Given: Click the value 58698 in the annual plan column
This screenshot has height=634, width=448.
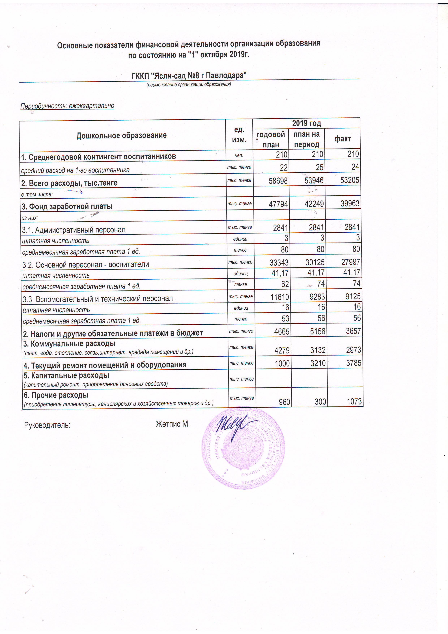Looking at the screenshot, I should tap(278, 181).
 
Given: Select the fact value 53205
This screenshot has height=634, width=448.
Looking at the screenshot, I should tap(349, 180).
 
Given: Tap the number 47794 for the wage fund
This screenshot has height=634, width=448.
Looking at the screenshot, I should tap(278, 204).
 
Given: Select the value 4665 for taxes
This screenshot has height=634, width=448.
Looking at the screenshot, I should tap(282, 332).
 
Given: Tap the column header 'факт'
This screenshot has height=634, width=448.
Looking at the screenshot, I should tap(343, 139).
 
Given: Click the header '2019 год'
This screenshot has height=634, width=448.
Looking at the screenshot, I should tap(306, 123).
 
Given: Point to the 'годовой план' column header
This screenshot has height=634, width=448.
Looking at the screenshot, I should tap(270, 140).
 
